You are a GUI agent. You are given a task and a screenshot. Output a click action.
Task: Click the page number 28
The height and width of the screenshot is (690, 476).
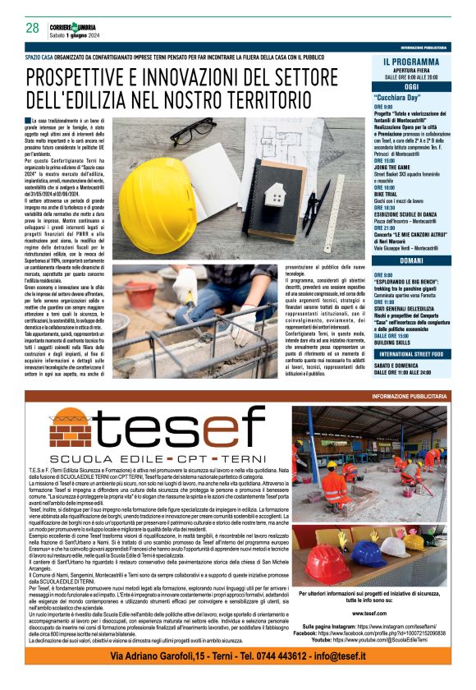point(33,27)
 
